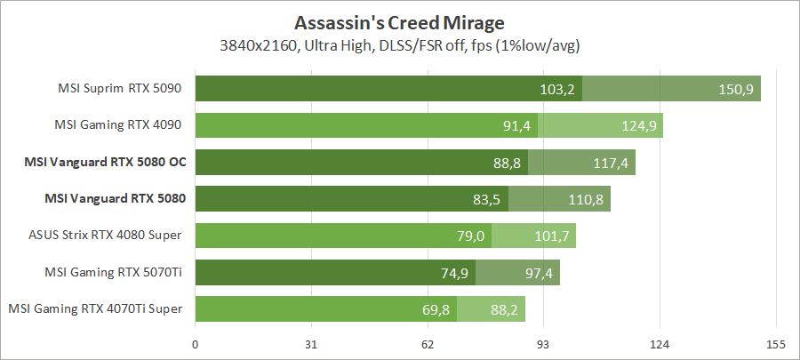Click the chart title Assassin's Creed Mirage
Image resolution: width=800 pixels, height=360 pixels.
[399, 21]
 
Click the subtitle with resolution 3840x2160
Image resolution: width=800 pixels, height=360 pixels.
[399, 44]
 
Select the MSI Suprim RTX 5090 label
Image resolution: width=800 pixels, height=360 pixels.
[119, 89]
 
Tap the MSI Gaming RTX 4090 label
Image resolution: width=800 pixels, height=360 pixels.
[119, 125]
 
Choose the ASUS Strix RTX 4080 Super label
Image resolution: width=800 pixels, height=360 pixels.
[106, 235]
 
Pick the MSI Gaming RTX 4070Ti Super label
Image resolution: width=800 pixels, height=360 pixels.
[96, 308]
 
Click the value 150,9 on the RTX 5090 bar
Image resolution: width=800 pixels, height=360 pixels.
[736, 89]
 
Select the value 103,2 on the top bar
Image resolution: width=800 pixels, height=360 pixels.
[557, 89]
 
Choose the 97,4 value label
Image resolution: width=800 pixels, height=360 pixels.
[539, 273]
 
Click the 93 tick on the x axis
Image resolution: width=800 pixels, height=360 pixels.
[543, 344]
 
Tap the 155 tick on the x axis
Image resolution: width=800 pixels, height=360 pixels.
[775, 344]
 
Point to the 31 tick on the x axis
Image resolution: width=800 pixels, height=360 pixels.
[311, 344]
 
